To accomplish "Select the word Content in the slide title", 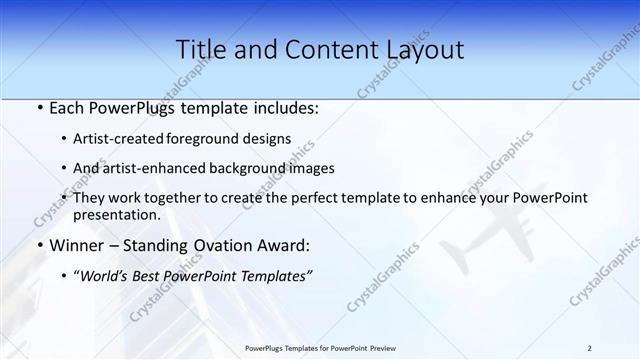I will [x=320, y=50].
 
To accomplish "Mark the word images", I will [x=311, y=168].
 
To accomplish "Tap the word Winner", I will [x=76, y=245].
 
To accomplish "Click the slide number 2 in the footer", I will [x=589, y=347].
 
